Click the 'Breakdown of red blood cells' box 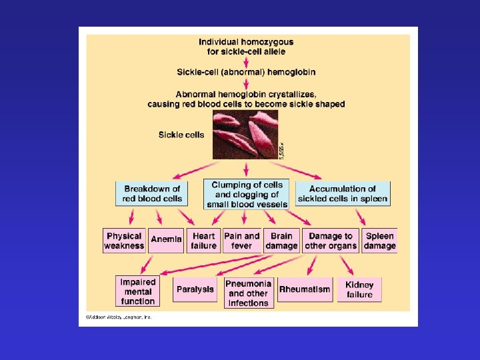[x=152, y=193]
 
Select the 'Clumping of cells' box [x=247, y=194]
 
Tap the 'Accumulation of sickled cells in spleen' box [x=343, y=193]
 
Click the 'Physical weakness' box [x=124, y=241]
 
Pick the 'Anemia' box [x=166, y=240]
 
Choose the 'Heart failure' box [x=203, y=241]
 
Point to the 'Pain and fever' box [x=242, y=241]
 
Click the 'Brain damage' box [x=281, y=241]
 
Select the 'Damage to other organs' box [x=331, y=241]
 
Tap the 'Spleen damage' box [x=379, y=241]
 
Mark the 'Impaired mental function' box [x=138, y=291]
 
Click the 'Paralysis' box [x=195, y=289]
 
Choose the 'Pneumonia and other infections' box [x=248, y=293]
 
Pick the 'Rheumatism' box [x=304, y=289]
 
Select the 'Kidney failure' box [x=359, y=289]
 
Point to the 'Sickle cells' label [x=181, y=135]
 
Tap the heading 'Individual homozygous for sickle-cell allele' [x=246, y=46]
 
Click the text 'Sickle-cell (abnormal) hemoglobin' [x=246, y=72]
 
